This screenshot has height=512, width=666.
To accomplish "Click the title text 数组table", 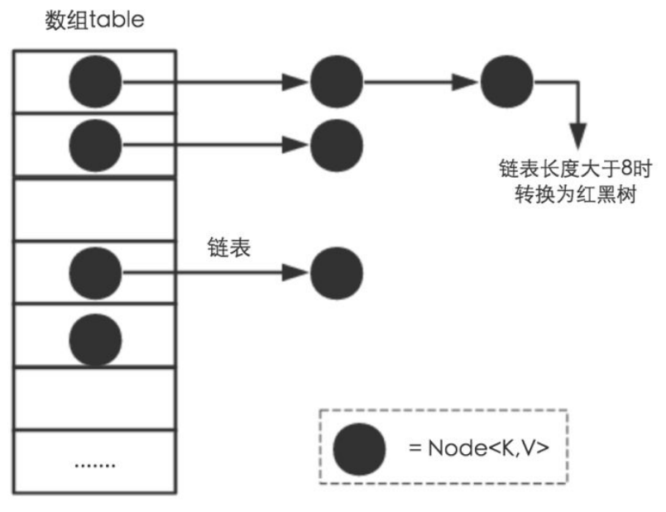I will click(93, 20).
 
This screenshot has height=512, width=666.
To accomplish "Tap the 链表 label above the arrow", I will click(224, 246).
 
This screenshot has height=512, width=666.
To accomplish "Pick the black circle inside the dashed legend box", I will click(359, 448).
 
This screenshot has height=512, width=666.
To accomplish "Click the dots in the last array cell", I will click(94, 464).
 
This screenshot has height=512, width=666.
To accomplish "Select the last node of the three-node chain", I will click(506, 81).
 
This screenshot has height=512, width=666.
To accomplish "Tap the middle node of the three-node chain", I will click(337, 81).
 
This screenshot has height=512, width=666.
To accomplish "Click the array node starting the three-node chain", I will click(95, 81).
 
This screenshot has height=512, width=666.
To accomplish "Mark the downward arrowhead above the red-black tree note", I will click(577, 136).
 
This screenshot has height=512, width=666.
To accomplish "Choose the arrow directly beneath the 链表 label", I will click(215, 271).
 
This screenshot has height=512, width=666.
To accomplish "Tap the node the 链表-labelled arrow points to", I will click(337, 271).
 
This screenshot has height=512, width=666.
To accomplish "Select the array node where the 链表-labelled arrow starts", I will click(95, 271).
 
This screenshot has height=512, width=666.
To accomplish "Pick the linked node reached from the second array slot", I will click(337, 145).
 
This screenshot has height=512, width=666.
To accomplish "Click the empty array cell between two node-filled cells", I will click(94, 208).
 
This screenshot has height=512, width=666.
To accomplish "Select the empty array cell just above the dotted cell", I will click(94, 398).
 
